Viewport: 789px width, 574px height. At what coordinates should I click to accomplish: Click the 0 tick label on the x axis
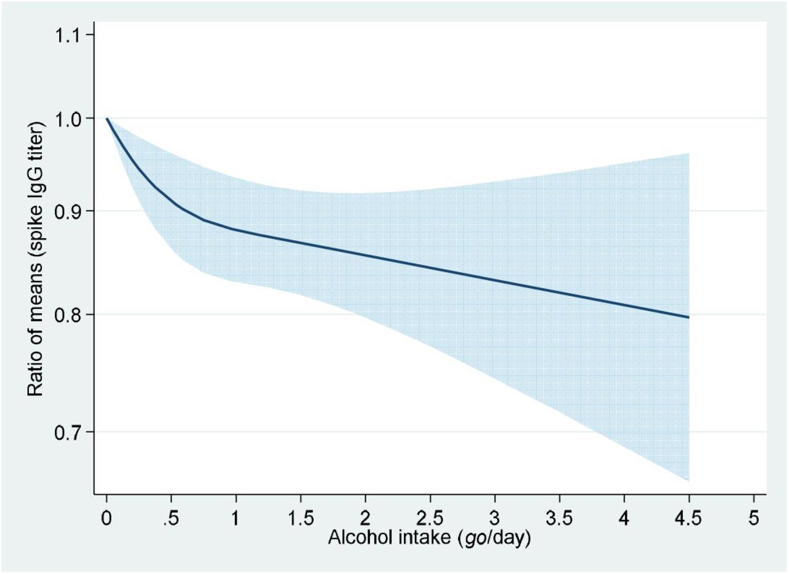click(107, 518)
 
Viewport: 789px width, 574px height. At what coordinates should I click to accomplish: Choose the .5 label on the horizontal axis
click(171, 518)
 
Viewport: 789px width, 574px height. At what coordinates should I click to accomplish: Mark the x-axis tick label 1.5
click(301, 518)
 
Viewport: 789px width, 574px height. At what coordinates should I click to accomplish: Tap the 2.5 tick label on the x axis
click(430, 518)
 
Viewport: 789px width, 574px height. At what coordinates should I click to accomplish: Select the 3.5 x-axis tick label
click(559, 518)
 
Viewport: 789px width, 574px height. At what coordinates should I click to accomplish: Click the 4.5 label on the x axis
click(689, 518)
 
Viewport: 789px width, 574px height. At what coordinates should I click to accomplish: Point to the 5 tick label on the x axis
click(753, 518)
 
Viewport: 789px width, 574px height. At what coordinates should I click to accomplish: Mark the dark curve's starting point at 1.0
click(107, 118)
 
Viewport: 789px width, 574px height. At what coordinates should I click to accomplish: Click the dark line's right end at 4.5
click(689, 317)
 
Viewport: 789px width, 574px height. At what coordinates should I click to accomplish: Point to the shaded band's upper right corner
click(688, 154)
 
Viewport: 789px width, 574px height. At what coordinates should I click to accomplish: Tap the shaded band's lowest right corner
click(688, 480)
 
